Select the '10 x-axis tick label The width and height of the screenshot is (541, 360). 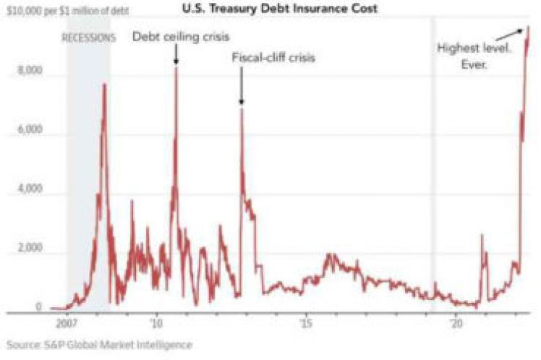[156, 323]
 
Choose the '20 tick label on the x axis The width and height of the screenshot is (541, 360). [456, 323]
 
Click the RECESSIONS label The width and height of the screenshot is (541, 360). [88, 38]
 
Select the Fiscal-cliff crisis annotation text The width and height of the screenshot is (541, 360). [274, 58]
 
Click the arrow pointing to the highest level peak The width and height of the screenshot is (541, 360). [514, 33]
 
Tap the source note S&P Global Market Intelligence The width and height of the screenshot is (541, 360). [100, 345]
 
